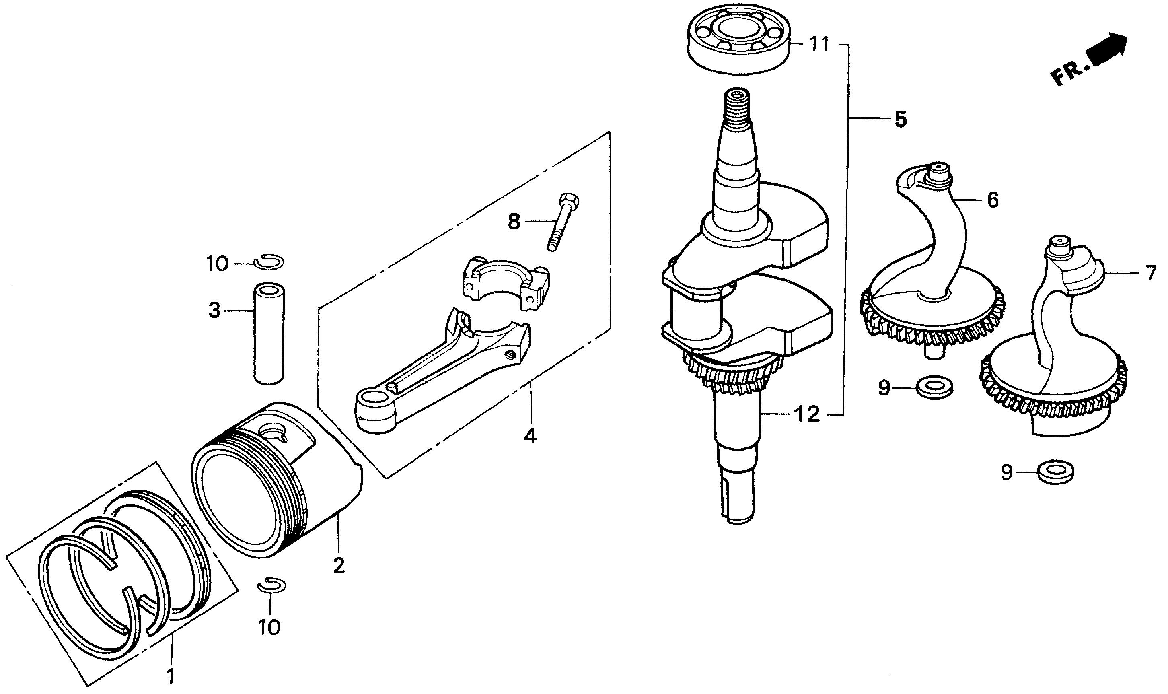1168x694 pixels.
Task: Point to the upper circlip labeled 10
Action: pyautogui.click(x=270, y=262)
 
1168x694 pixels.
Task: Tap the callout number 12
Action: pyautogui.click(x=806, y=414)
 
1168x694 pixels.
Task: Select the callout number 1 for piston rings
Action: pyautogui.click(x=171, y=675)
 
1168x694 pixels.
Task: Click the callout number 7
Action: pyautogui.click(x=1151, y=273)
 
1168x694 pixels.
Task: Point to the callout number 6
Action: pyautogui.click(x=992, y=200)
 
